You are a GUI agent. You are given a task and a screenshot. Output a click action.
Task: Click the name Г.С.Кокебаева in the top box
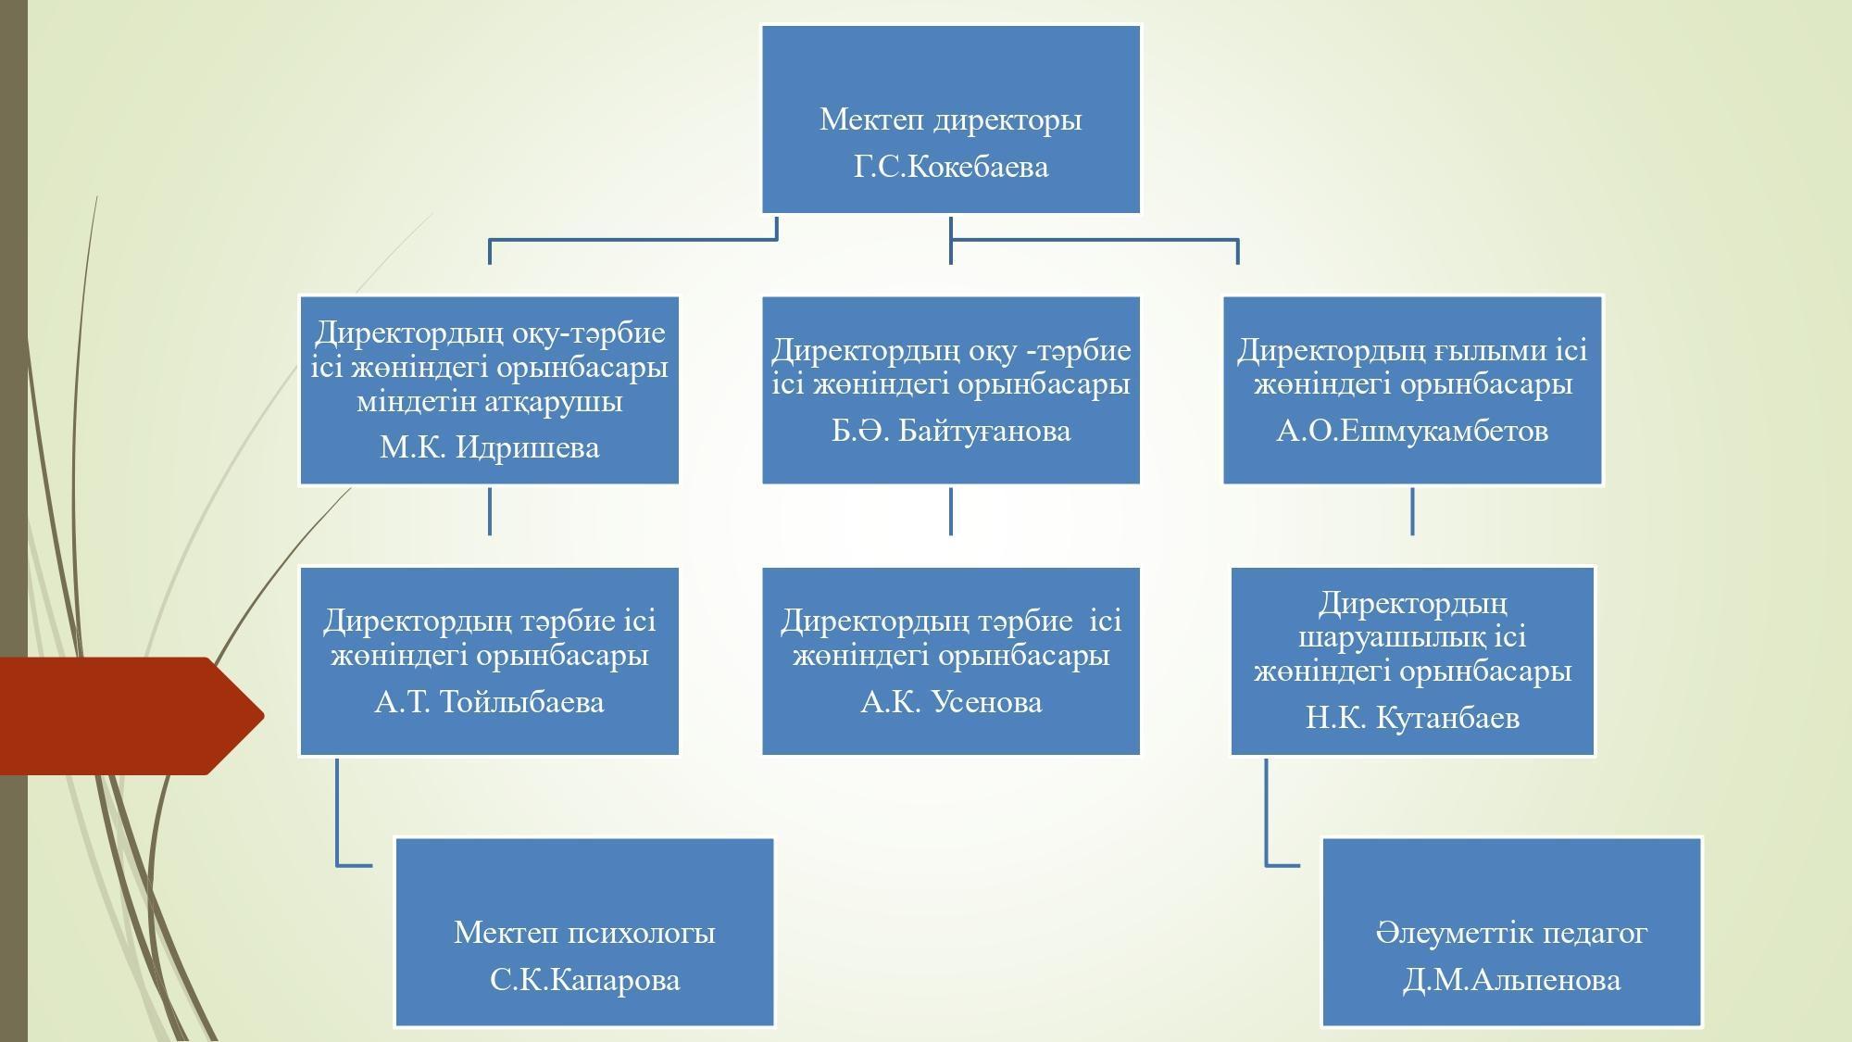click(x=951, y=168)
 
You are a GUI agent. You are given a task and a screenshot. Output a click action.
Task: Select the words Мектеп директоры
click(x=951, y=119)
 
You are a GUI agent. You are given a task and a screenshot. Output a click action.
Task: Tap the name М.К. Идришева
click(x=489, y=448)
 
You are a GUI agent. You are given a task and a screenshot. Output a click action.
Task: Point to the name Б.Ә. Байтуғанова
click(x=951, y=431)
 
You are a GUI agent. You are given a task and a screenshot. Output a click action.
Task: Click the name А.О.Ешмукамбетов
click(x=1412, y=431)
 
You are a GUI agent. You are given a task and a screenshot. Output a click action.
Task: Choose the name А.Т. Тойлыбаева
click(x=489, y=702)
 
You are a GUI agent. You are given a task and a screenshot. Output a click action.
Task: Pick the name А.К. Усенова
click(x=951, y=702)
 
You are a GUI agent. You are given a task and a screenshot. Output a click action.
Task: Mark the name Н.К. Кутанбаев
click(x=1412, y=718)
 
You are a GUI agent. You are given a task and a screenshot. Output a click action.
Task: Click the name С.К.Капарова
click(x=584, y=980)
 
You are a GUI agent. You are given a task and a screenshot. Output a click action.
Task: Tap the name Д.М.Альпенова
click(x=1511, y=980)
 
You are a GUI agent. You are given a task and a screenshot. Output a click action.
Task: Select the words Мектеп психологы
click(x=584, y=933)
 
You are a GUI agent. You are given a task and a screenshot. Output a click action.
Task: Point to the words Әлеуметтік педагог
click(x=1511, y=933)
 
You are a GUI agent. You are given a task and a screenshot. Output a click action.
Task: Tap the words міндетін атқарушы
click(x=489, y=402)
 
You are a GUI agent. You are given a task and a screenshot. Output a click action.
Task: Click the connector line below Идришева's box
click(x=489, y=511)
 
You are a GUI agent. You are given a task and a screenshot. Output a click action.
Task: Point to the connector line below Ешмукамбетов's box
click(x=1412, y=511)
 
